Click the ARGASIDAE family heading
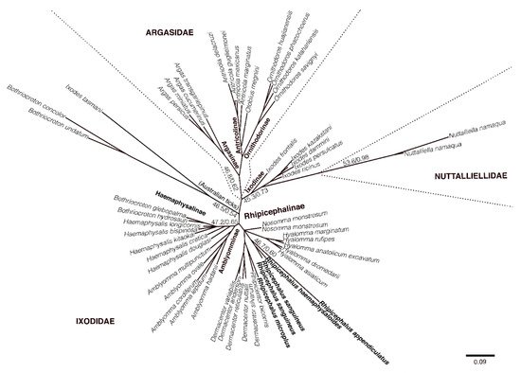(x=171, y=32)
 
